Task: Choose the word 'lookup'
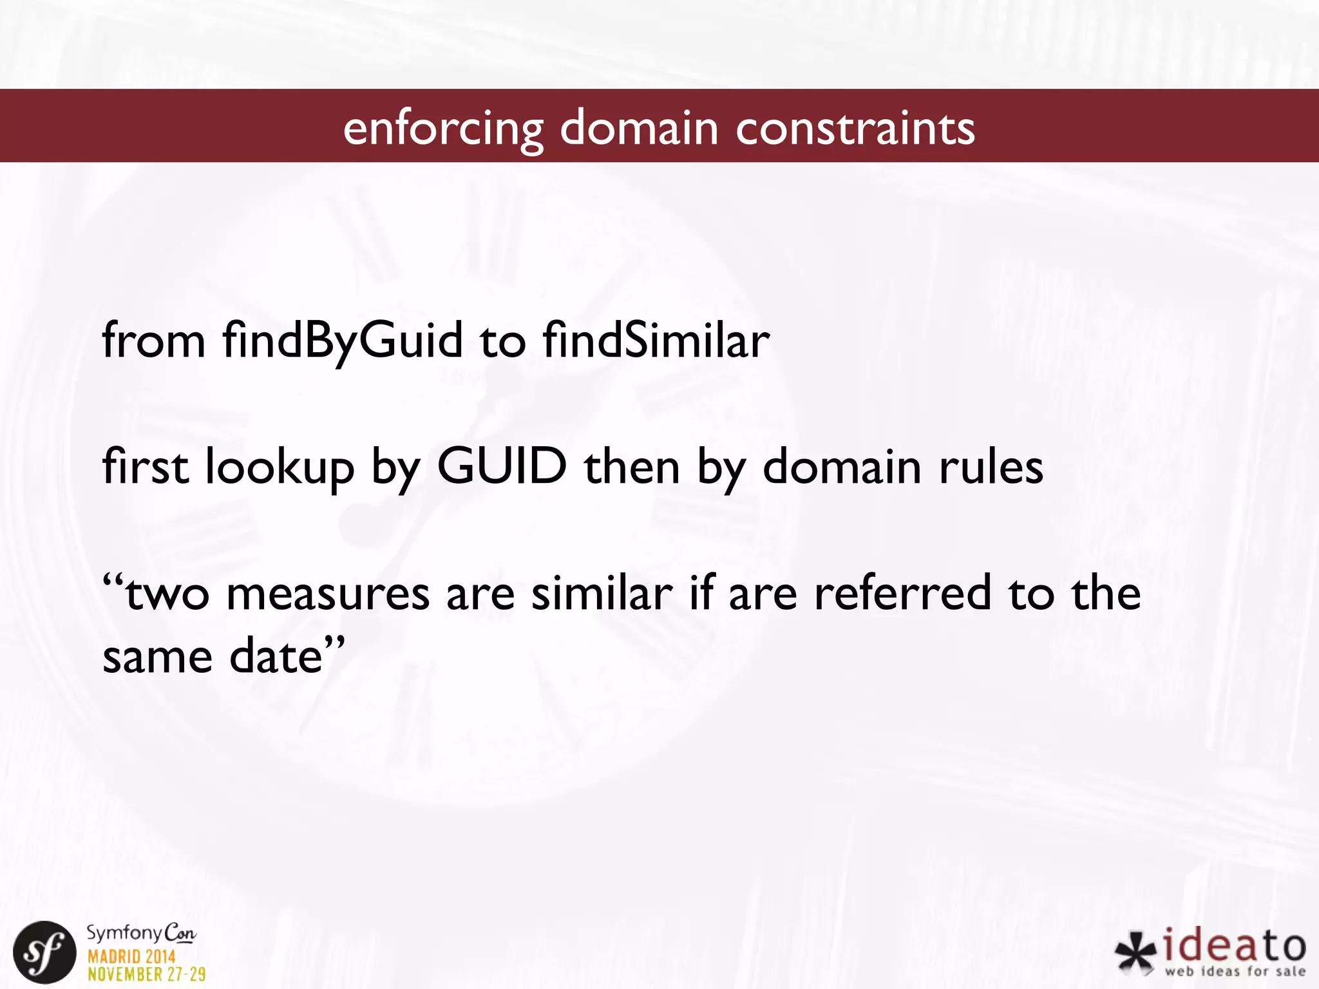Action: [x=280, y=467]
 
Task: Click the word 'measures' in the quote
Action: [x=328, y=594]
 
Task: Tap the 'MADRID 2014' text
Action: [x=131, y=956]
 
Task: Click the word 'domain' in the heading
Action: [x=638, y=127]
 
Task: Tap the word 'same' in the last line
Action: [x=157, y=656]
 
